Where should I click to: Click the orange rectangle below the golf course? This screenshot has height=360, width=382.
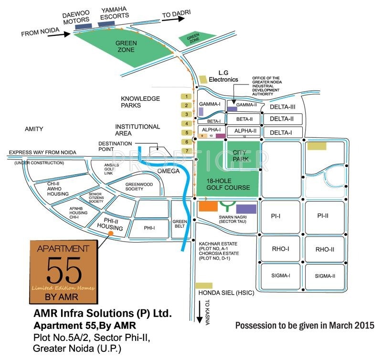tap(208, 206)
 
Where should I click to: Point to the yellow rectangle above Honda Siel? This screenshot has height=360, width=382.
tap(204, 285)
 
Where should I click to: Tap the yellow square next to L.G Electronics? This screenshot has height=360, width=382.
tap(204, 79)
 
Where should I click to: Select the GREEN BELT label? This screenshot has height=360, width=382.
tap(180, 224)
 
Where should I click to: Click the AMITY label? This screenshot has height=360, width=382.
tap(34, 129)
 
